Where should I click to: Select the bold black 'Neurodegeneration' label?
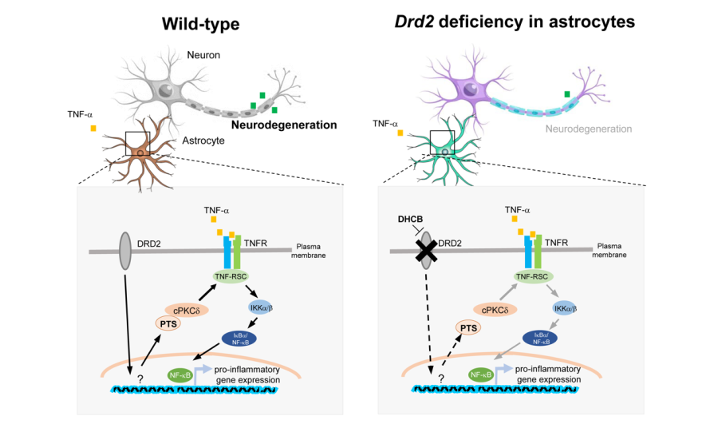tap(284, 125)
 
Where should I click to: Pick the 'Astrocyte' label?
tap(203, 141)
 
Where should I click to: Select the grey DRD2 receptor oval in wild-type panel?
tap(124, 250)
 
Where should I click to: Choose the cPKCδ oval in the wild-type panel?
tap(186, 309)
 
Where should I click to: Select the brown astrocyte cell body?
tap(140, 152)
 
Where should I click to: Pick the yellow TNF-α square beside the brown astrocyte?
tap(93, 129)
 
